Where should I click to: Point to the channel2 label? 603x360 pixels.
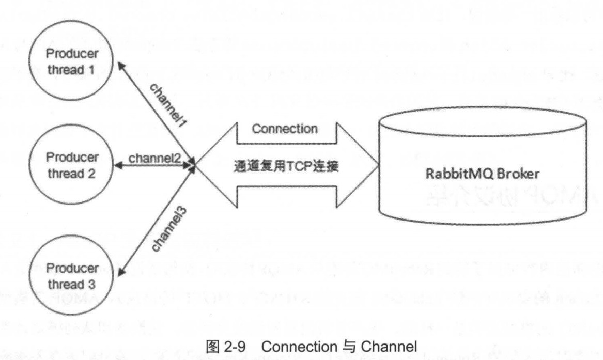[x=154, y=158]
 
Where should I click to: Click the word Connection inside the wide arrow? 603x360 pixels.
[x=284, y=129]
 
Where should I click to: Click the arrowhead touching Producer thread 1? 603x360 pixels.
[x=120, y=66]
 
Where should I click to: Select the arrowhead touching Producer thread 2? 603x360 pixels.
[x=120, y=166]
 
